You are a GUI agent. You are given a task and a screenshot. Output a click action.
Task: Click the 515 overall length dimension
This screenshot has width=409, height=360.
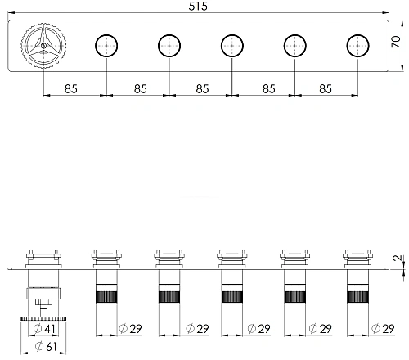198,6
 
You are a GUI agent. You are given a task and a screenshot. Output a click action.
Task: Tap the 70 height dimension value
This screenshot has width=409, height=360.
396,42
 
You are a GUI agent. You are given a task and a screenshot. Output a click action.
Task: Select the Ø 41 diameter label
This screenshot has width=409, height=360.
44,329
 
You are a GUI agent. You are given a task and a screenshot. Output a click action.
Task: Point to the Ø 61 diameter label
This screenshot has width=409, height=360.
47,347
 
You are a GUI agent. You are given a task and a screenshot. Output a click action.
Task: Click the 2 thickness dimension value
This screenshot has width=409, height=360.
398,258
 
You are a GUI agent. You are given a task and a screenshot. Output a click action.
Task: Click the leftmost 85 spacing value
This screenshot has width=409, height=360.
71,89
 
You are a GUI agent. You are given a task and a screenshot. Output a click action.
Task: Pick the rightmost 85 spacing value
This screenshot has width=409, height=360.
326,89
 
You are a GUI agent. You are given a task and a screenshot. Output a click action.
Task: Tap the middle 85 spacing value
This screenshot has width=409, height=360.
202,89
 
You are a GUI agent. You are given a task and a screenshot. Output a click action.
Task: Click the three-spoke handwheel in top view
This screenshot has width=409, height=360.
43,46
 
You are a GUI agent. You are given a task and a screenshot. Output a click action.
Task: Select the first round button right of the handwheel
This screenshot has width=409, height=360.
106,46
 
